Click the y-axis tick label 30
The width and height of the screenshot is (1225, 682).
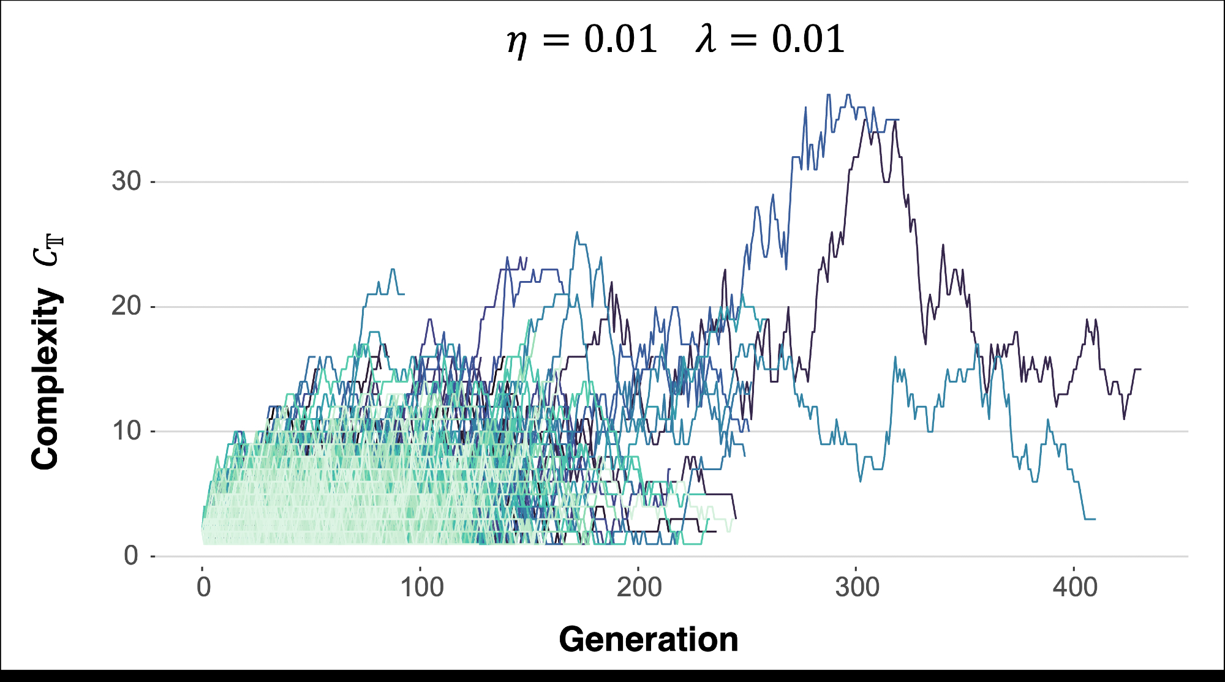(126, 181)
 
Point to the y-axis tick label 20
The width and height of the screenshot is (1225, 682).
(126, 306)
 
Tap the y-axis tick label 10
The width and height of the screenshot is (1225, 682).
(126, 432)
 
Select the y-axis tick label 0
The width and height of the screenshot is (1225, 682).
(131, 556)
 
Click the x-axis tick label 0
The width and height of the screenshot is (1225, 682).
(203, 588)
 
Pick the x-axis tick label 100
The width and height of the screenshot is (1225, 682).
(421, 588)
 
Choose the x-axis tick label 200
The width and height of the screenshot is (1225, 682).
(639, 588)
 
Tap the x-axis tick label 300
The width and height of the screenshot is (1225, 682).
(857, 588)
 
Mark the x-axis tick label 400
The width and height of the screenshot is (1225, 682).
(1075, 588)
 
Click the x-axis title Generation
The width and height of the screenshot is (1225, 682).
(648, 640)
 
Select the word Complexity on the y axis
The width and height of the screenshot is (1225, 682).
(46, 380)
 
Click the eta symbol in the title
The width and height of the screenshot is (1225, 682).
(517, 42)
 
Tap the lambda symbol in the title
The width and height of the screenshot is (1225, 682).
(706, 39)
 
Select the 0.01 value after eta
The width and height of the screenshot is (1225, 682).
(620, 39)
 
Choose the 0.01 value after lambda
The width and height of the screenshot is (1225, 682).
(808, 39)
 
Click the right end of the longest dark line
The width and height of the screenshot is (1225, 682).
(1140, 369)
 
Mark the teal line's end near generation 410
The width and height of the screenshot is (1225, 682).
(1095, 519)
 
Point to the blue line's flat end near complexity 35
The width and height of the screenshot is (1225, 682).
(897, 119)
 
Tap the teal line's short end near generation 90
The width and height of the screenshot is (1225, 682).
(403, 294)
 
